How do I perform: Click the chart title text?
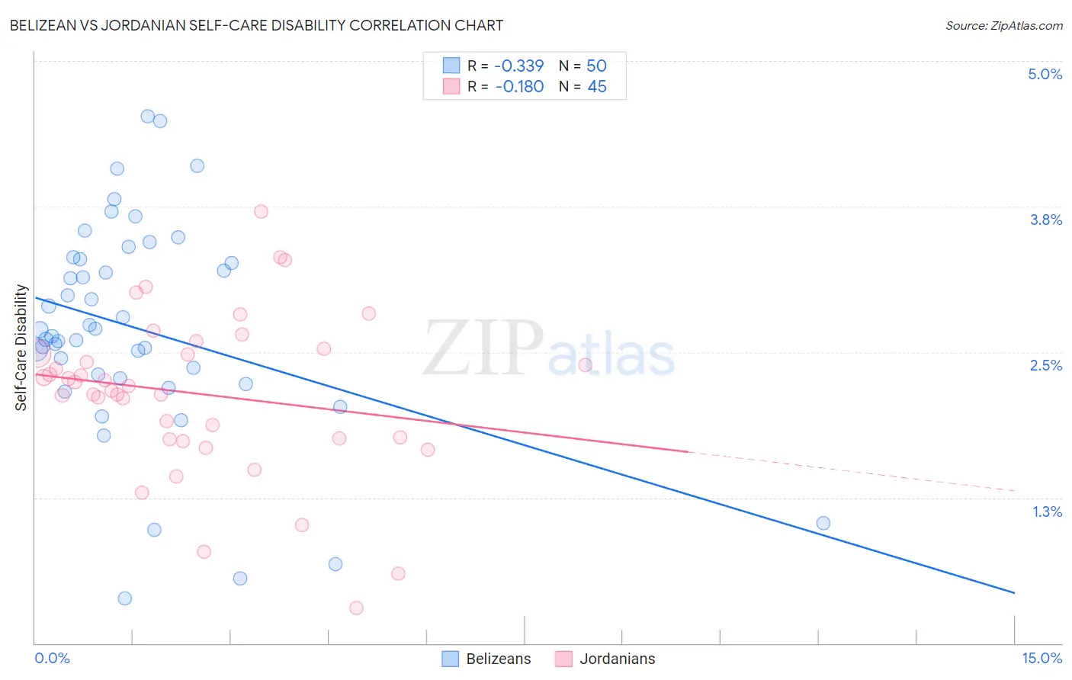tap(256, 25)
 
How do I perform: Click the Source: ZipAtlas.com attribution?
tap(1003, 26)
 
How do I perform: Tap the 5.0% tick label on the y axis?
tap(1045, 74)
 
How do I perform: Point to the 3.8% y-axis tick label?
tap(1045, 220)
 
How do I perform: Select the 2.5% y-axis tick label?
tap(1045, 365)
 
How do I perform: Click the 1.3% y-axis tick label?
tap(1047, 512)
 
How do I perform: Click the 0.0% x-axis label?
tap(52, 658)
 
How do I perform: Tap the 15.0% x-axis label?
tap(1041, 658)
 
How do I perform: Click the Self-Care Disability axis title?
tap(21, 348)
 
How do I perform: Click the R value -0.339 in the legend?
tap(519, 66)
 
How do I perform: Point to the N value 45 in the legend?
tap(597, 87)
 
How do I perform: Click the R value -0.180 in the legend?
tap(519, 87)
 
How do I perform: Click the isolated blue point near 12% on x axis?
tap(823, 523)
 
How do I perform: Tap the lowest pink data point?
tap(356, 608)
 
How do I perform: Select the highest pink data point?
tap(261, 211)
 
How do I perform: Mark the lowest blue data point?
tap(125, 598)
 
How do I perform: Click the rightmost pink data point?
tap(585, 364)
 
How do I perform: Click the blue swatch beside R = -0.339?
tap(451, 66)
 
